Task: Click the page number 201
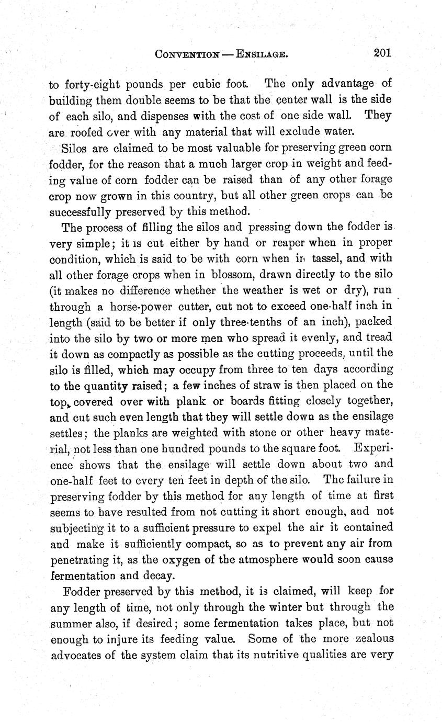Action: [382, 52]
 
